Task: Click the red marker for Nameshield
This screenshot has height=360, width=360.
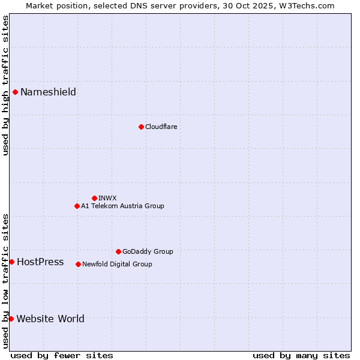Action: tap(15, 92)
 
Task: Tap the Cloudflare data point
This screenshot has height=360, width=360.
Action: tap(141, 127)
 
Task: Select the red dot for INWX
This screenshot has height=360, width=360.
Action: tap(94, 198)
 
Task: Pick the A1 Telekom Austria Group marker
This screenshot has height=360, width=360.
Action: tap(77, 206)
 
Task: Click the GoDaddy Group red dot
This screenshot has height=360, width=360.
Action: tap(118, 251)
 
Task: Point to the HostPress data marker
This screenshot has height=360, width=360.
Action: tap(11, 262)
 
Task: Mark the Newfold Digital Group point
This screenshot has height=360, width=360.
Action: tap(78, 264)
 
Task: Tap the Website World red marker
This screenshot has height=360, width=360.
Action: tap(11, 319)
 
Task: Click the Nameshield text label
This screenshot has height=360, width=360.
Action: tap(48, 92)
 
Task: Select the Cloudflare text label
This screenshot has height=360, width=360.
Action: tap(161, 127)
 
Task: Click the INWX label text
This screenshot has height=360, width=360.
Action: tap(107, 198)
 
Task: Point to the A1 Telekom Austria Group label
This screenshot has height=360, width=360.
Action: tap(122, 206)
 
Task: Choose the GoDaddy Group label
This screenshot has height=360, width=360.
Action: tap(148, 251)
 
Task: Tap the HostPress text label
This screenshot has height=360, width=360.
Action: tap(40, 262)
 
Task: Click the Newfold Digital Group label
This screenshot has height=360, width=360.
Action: tap(117, 264)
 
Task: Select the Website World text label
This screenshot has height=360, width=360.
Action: tap(50, 319)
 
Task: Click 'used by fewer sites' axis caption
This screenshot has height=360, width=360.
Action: tap(62, 355)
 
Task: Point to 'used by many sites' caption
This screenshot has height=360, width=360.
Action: tap(301, 355)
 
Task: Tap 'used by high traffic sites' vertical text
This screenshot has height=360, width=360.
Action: tap(5, 85)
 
